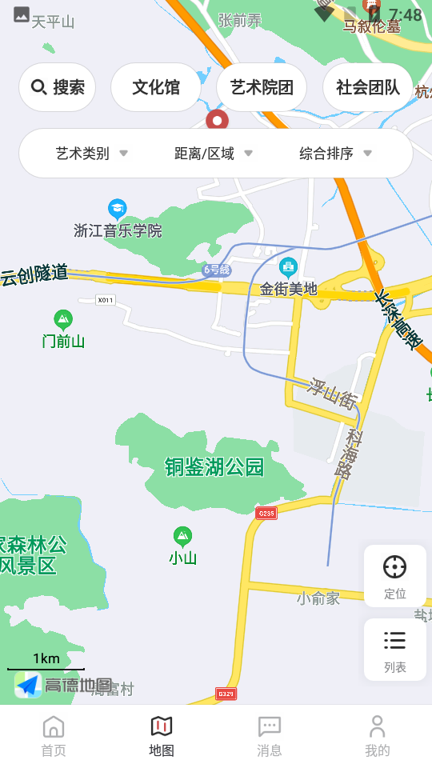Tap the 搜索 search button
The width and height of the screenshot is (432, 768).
coord(58,87)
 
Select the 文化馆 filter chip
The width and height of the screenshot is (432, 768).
coord(156,87)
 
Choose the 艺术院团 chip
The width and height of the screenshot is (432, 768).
coord(262,87)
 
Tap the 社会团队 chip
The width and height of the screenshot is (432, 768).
coord(368,87)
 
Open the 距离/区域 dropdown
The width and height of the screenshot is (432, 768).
coord(214,154)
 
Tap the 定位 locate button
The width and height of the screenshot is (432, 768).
coord(394,576)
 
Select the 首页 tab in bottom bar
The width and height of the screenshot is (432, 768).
coord(54,736)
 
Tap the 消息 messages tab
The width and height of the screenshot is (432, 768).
coord(270,736)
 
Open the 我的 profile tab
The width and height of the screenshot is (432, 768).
coord(378,736)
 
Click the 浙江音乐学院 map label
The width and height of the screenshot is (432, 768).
coord(118,230)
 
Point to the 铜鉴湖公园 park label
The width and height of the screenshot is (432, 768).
coord(214,467)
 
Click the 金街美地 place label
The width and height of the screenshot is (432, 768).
coord(289,289)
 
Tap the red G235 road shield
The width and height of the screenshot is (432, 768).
coord(266,513)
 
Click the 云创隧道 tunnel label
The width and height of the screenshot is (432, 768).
coord(34,276)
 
